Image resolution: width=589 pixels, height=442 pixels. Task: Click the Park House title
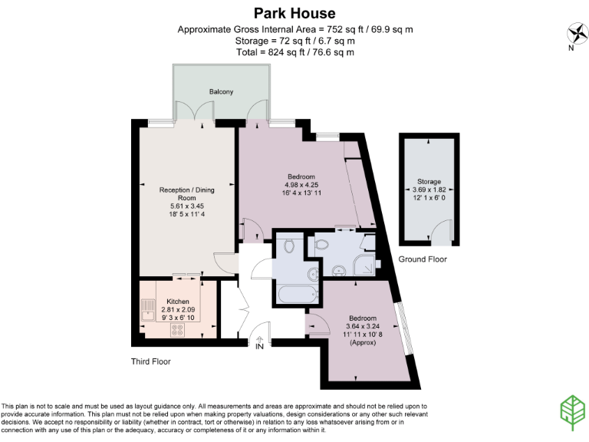pos(294,13)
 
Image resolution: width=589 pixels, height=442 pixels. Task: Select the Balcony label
pos(221,92)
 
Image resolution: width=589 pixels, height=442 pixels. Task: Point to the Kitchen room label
pos(178,302)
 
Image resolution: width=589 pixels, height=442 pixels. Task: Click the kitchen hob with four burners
pos(179,330)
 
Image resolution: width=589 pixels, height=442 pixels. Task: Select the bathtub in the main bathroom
pos(297,295)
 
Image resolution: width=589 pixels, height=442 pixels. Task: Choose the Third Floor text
pos(150,361)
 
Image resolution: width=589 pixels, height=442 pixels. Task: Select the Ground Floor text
pos(423,259)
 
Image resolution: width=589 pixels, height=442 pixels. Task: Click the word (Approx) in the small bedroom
pos(363,342)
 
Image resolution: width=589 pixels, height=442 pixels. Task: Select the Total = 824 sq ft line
pos(294,51)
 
